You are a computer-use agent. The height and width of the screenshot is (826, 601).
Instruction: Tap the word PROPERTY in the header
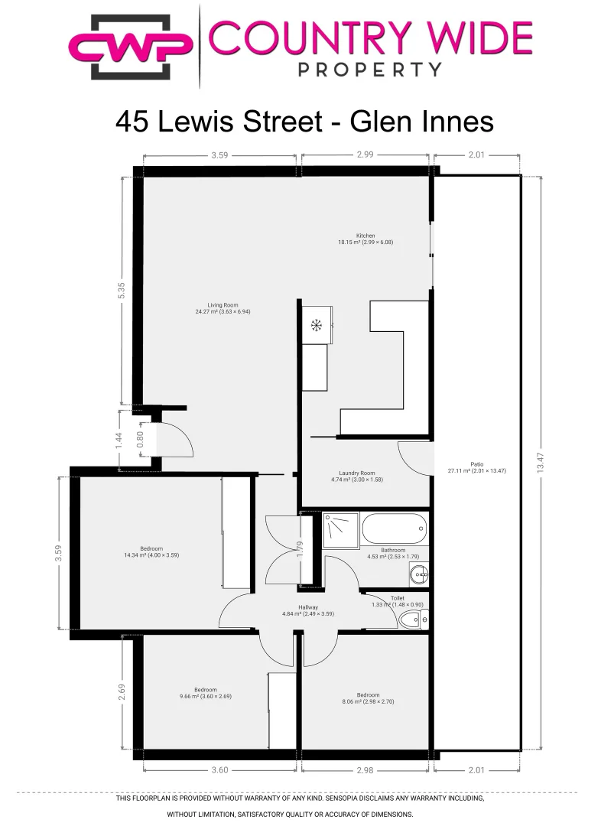pos(369,70)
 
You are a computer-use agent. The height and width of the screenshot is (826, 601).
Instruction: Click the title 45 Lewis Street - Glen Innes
pos(304,122)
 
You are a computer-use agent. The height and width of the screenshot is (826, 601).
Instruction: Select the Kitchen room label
pos(365,239)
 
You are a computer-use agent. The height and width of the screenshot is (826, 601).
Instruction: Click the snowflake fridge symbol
pos(315,326)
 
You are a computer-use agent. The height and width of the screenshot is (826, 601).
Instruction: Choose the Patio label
pos(476,467)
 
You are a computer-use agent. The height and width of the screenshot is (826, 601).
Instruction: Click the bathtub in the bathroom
pos(393,528)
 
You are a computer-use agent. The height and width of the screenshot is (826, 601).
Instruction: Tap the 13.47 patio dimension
pos(544,463)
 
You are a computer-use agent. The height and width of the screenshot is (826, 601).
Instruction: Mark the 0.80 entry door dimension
pos(140,439)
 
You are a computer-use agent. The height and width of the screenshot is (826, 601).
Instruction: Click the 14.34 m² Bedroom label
pos(151,551)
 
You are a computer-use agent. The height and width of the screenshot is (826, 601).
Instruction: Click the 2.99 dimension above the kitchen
pos(365,154)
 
